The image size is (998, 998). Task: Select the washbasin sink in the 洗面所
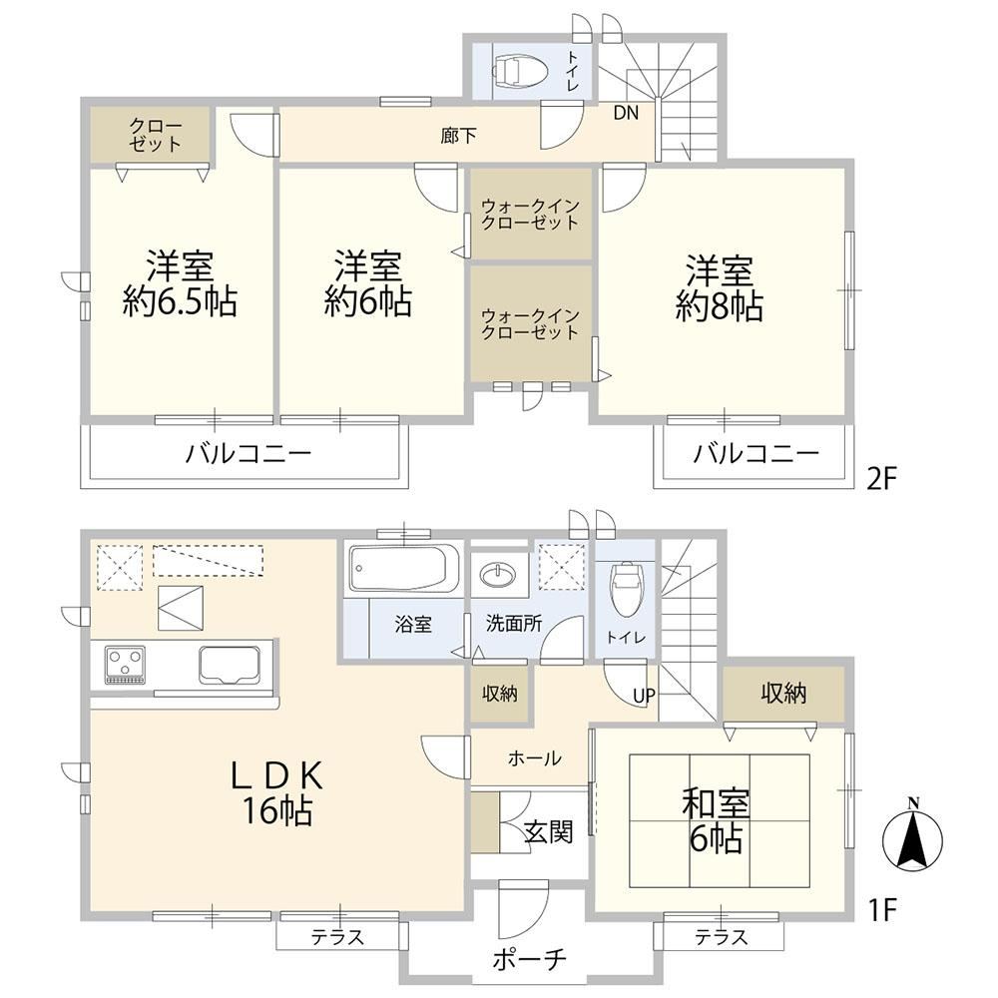(x=499, y=576)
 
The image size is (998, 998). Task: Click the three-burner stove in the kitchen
(x=125, y=666)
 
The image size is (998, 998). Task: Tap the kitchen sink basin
(x=230, y=665)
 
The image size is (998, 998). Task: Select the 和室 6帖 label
(x=716, y=821)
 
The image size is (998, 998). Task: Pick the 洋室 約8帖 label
(x=720, y=288)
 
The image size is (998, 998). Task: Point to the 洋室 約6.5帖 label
(x=180, y=284)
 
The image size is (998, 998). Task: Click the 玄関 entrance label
(x=548, y=831)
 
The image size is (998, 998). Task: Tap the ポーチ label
(x=529, y=958)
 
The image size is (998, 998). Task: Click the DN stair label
(x=626, y=114)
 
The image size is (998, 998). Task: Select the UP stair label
(x=644, y=696)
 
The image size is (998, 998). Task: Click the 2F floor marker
(x=881, y=478)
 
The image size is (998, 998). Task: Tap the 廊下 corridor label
(x=458, y=136)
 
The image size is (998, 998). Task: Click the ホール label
(x=535, y=758)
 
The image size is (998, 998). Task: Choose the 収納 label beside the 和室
(x=783, y=694)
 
